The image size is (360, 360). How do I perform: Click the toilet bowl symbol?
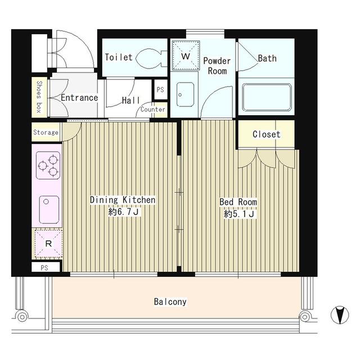click(151, 58)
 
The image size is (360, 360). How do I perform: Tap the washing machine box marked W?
click(186, 55)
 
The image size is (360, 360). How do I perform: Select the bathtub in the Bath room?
click(267, 97)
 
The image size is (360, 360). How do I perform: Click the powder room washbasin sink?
click(185, 94)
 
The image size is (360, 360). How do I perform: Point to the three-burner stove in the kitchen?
click(48, 165)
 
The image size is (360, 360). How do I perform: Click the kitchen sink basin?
click(49, 209)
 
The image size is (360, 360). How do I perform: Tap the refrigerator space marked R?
click(48, 244)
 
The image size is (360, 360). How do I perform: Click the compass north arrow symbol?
click(340, 315)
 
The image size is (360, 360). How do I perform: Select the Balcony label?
click(170, 301)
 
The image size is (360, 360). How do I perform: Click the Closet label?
click(266, 134)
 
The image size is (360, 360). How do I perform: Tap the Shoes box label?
click(39, 97)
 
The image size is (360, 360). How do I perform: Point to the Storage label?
click(46, 132)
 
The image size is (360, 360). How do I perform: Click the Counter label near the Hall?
click(152, 110)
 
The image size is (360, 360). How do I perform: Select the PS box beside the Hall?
click(160, 89)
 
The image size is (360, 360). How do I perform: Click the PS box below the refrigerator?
click(46, 268)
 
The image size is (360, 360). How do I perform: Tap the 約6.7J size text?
click(124, 211)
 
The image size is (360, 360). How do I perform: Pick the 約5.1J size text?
click(239, 214)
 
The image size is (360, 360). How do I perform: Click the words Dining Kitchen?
click(123, 200)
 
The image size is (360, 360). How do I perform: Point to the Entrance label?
click(79, 98)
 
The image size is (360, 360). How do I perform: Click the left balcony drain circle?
click(22, 317)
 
